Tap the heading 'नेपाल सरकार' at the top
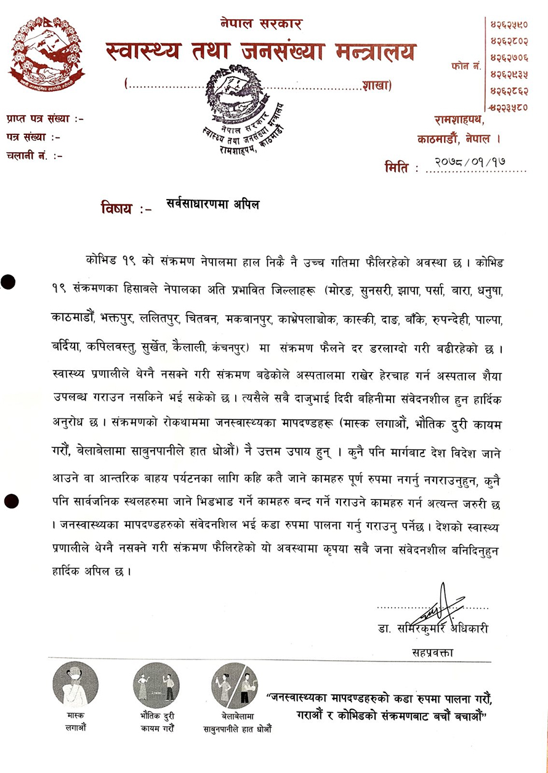[x=261, y=25]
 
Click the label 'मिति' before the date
[x=398, y=166]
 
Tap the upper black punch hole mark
[x=8, y=283]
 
